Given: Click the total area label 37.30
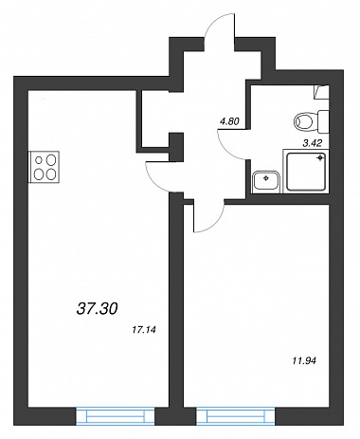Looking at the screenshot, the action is point(97,308).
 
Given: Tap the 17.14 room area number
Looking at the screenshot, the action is point(144,330).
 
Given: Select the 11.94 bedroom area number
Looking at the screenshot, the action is point(304,360).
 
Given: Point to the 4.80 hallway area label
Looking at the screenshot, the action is point(230,121).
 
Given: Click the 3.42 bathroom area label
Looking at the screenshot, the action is point(312,143).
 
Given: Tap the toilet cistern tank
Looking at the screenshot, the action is point(323,121).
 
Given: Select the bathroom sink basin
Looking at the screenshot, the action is point(266,181).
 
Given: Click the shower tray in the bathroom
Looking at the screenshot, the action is point(306,171).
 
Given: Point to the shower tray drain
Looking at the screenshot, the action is point(321,157).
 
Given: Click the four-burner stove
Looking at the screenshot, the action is point(44,167).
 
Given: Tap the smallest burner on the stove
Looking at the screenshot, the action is point(39,160).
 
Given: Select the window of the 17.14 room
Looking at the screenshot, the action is point(116,416).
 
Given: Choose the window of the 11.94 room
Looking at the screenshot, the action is point(236,416).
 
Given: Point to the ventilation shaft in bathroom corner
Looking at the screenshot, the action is point(321,92).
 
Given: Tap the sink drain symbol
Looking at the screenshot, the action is point(266,178).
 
